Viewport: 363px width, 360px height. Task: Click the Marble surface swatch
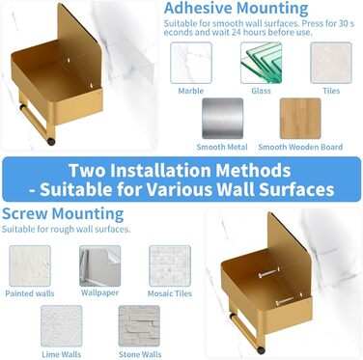[x=191, y=63]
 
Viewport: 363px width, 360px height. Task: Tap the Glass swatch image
[x=261, y=63]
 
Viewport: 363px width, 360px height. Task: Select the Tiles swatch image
[x=331, y=63]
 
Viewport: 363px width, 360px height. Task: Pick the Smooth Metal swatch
[x=223, y=119]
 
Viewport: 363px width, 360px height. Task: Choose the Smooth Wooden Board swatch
[x=300, y=119]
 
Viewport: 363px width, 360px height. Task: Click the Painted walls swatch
[x=30, y=265]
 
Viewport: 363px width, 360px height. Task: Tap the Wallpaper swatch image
[x=100, y=265]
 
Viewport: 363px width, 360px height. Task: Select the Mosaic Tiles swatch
[x=170, y=265]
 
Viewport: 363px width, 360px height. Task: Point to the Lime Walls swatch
[x=62, y=326]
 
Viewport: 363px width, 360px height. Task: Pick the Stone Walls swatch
[x=139, y=326]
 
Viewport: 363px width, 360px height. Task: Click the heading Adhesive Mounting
[x=236, y=9]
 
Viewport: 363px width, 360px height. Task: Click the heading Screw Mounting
[x=63, y=214]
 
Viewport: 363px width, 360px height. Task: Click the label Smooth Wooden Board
[x=300, y=147]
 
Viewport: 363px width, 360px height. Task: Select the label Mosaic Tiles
[x=170, y=293]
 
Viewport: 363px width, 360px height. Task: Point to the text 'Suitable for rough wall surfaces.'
[x=67, y=230]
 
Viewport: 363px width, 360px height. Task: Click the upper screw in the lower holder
[x=269, y=273]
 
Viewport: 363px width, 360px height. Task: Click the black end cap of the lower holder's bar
[x=261, y=350]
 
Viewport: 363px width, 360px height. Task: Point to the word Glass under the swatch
[x=261, y=91]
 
